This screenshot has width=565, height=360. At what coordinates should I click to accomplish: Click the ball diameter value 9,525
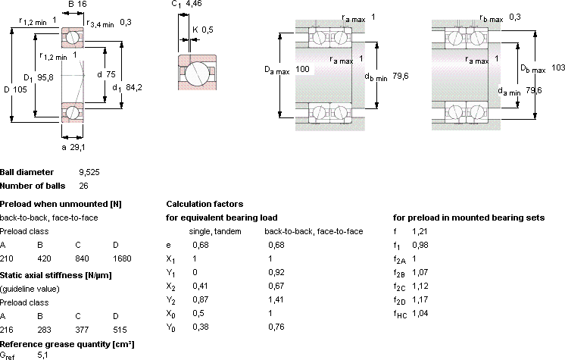coord(89,173)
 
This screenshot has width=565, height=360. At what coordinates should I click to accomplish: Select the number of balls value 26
coord(83,186)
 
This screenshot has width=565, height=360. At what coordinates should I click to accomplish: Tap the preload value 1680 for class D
coord(122,258)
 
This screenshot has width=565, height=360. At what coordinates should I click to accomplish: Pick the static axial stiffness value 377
coord(82,330)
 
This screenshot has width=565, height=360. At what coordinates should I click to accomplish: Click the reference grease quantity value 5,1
coord(42,355)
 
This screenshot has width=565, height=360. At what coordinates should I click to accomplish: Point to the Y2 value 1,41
coord(276,299)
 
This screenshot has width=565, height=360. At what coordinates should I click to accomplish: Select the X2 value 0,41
coord(201,286)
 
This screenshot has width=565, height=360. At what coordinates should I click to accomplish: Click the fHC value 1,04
coord(420,313)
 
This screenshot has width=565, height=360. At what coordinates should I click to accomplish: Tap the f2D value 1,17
coord(420,299)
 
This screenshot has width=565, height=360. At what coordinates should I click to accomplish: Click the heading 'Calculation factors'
coord(204,204)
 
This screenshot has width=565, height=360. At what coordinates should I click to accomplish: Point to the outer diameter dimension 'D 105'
coord(15,89)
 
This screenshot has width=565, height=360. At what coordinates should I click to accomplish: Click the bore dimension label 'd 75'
coord(106,74)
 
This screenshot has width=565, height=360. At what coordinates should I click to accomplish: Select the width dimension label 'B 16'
coord(77,4)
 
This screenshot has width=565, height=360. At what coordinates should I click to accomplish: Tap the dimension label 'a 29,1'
coord(73,147)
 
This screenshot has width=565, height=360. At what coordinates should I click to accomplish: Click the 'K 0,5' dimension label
coord(203,30)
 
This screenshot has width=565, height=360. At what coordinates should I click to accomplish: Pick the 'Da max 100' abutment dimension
coord(287,70)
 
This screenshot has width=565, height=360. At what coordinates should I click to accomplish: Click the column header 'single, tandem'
coord(215,232)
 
